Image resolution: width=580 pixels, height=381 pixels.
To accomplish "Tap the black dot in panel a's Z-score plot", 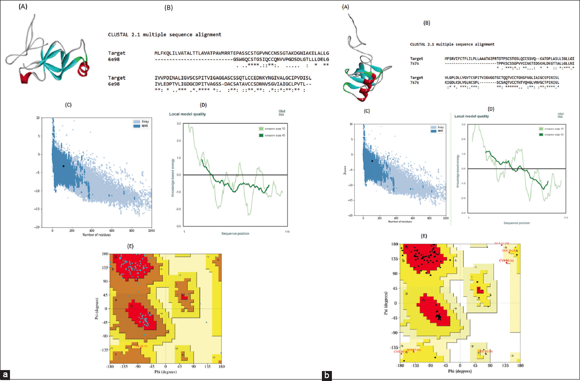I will point(63,166).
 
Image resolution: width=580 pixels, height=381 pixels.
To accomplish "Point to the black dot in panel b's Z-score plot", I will point(372,161).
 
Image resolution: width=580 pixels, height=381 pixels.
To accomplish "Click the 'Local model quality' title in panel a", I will point(190,114).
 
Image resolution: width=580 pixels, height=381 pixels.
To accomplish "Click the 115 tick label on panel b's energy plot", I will point(566,217).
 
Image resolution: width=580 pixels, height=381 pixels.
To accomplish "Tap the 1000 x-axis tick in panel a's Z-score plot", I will point(150,231).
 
